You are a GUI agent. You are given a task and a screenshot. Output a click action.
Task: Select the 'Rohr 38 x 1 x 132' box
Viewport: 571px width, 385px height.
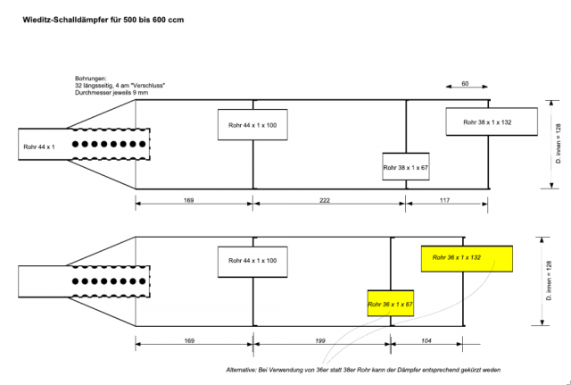click(490, 121)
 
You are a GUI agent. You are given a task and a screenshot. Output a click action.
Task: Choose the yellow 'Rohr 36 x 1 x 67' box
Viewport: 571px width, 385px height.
click(390, 304)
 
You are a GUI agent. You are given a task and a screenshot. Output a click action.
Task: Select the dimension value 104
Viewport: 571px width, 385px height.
click(427, 340)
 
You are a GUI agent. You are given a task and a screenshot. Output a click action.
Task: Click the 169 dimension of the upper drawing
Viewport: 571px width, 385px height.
click(188, 201)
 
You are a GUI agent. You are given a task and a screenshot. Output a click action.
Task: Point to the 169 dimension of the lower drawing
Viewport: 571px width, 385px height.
click(188, 340)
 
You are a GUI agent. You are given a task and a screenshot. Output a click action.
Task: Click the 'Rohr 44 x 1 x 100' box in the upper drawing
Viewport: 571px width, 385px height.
click(252, 124)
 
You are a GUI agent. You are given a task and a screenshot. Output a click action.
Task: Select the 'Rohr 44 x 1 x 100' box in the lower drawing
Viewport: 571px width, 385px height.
click(252, 261)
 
